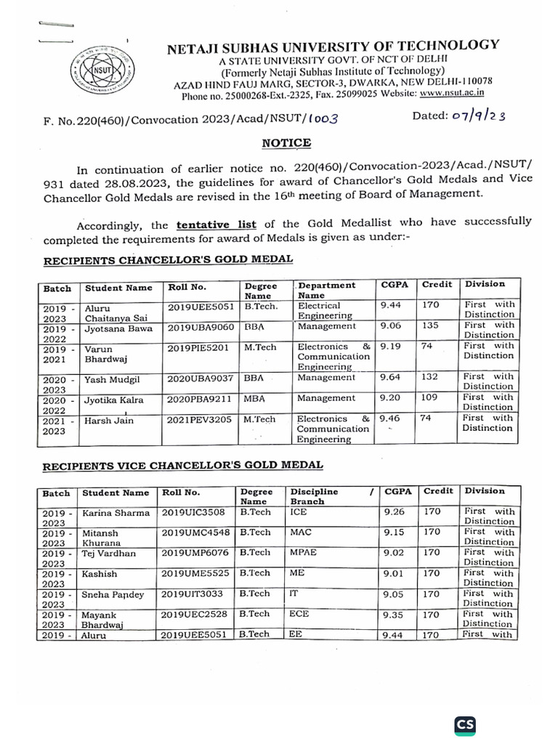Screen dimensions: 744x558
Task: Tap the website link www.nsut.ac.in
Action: [452, 93]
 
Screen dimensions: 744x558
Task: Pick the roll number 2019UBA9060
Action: [201, 327]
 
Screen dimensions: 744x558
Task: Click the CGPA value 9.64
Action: [391, 377]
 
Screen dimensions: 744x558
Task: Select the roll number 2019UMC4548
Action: [195, 532]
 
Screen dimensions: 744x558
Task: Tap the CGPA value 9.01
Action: [395, 573]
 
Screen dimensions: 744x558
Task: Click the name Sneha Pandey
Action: [113, 594]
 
